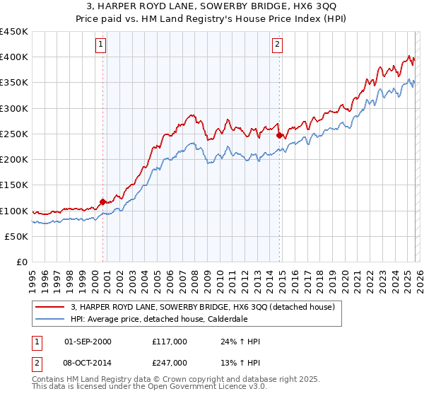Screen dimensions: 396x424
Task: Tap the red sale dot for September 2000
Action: (x=103, y=202)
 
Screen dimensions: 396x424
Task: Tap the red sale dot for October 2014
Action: (x=279, y=135)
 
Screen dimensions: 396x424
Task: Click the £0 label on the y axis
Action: (x=23, y=262)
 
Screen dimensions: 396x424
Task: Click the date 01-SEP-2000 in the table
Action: (x=88, y=342)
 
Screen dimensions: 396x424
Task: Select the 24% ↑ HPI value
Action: (x=240, y=342)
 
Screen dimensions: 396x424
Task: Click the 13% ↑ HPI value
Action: (x=240, y=362)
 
